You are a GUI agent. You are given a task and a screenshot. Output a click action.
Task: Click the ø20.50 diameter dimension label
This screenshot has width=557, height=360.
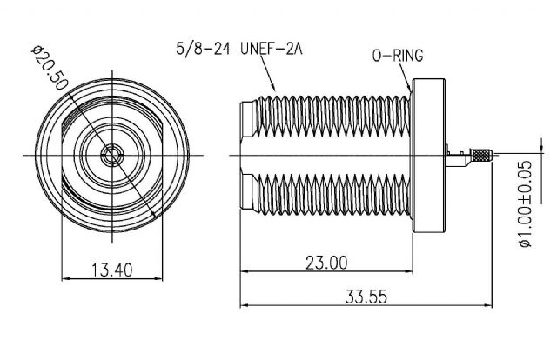coord(50,68)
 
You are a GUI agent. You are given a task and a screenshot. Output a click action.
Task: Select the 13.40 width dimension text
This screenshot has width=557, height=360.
coord(112,270)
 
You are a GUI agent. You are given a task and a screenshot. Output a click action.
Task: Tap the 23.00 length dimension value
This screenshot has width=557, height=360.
coord(326,263)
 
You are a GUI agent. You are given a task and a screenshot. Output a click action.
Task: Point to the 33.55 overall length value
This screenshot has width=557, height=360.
coord(366,297)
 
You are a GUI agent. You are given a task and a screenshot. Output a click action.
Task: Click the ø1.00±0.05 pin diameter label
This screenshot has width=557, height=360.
coord(526,203)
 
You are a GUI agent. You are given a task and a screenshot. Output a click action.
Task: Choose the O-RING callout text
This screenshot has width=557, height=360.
coord(398,56)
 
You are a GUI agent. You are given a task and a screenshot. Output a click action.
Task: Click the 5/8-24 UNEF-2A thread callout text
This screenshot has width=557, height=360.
coord(239,49)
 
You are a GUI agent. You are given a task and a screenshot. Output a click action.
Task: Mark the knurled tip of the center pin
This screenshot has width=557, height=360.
coord(481,155)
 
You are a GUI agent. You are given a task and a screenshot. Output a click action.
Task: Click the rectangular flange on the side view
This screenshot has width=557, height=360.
coord(428,156)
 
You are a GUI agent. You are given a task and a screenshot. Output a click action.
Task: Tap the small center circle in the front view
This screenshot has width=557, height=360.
coord(112,155)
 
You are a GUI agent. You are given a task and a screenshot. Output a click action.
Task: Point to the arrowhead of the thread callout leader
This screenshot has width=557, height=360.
coord(273,87)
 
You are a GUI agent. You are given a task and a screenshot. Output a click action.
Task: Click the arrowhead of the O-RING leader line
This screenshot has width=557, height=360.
coord(409,89)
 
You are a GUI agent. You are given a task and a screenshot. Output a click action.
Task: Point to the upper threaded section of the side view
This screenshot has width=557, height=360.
coord(332,117)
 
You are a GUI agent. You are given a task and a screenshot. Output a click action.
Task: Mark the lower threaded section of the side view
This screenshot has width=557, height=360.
coord(332,195)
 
